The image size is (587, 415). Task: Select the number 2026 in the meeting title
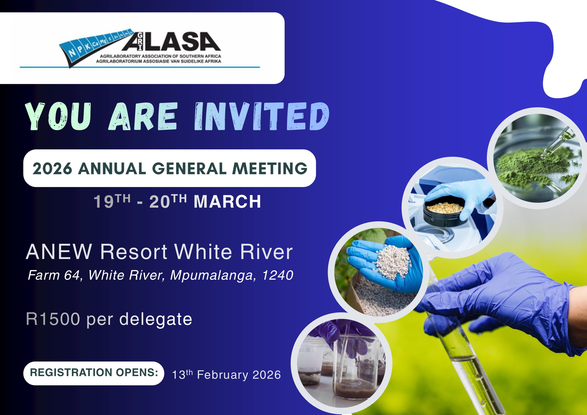click(x=52, y=168)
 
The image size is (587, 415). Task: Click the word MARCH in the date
click(x=227, y=202)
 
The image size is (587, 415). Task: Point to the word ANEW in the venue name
click(x=59, y=252)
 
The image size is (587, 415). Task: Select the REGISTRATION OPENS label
click(x=94, y=372)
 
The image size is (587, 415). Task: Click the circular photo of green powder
click(x=537, y=158)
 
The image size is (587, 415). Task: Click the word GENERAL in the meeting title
click(x=189, y=168)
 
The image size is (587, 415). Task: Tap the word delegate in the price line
click(x=156, y=320)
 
